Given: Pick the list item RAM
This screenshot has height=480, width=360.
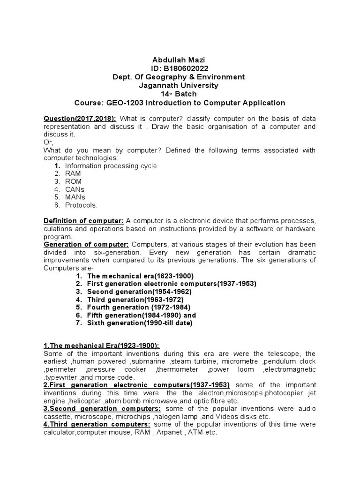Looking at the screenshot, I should [73, 173].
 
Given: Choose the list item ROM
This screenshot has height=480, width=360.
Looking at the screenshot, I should [73, 181].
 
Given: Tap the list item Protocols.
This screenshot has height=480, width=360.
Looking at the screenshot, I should [82, 205].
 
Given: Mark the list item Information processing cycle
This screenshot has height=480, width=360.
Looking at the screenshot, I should [111, 166].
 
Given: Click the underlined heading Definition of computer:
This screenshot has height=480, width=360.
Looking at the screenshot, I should [83, 221].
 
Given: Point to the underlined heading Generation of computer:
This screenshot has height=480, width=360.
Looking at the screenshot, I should [86, 245].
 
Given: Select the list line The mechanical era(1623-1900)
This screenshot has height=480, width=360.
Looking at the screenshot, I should [140, 276].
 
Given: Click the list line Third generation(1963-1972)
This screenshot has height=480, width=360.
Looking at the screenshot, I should [135, 300].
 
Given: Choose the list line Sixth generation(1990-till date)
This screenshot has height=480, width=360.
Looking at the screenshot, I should [140, 323].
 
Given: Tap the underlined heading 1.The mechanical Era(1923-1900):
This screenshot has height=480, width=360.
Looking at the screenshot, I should [101, 345].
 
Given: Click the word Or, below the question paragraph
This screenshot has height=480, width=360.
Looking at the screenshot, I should [48, 142].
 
